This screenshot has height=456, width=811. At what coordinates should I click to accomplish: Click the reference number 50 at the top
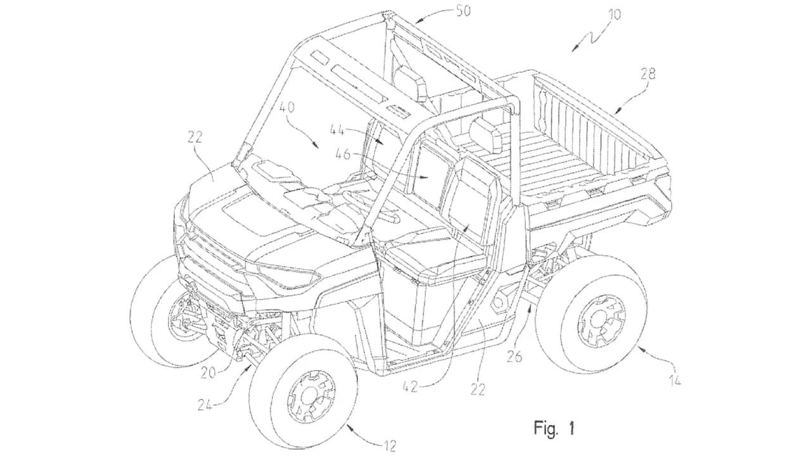coord(468,11)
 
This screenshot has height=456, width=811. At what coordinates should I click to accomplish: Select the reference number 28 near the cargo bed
coord(646,74)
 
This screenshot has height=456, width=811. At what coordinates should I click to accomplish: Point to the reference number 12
coord(389,445)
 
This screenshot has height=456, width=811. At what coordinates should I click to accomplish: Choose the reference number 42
coord(410,386)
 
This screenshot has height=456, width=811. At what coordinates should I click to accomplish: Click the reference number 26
coord(514,357)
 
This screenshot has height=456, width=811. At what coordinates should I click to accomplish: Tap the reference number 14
coord(676,381)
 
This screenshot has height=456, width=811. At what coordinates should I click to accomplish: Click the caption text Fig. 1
coord(554,428)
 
